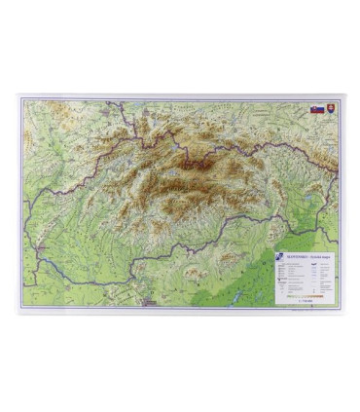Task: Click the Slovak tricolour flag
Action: coord(317,109)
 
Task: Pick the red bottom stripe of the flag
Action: coord(317,112)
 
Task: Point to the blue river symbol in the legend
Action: coord(310,264)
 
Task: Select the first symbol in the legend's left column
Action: coord(279,266)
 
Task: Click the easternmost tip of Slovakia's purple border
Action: coord(339,173)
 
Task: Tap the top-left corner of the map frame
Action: coord(18,95)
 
